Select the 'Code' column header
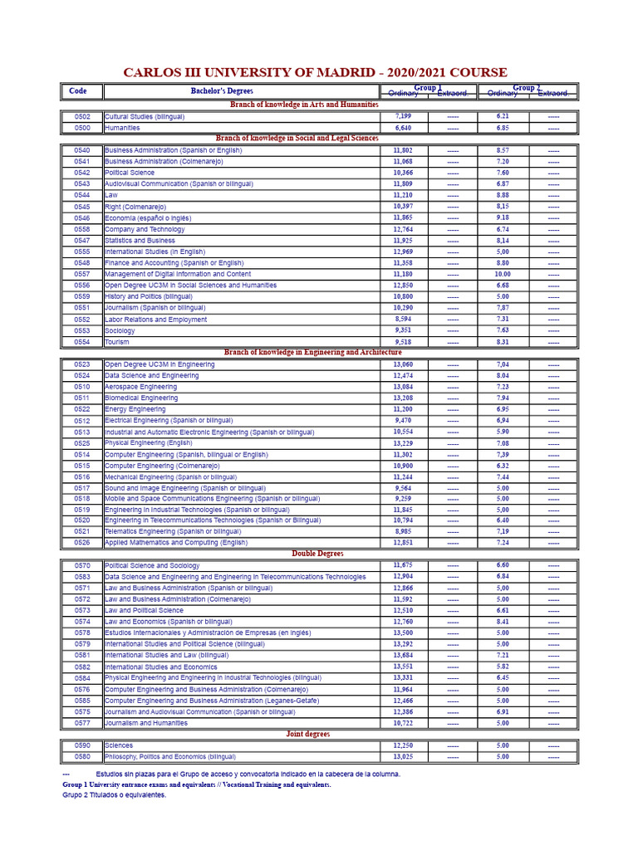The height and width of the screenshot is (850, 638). (x=78, y=91)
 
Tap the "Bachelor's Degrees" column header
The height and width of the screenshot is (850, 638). (x=222, y=91)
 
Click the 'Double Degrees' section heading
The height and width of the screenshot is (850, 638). (x=317, y=554)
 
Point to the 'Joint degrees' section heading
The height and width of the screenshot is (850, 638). (x=307, y=735)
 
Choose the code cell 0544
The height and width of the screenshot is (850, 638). (x=81, y=195)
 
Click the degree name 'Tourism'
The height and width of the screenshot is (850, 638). (x=117, y=342)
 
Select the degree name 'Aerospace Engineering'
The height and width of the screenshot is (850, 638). (x=140, y=387)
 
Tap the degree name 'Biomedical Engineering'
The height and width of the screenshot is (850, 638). (x=141, y=398)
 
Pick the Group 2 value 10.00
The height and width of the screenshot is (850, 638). (x=503, y=274)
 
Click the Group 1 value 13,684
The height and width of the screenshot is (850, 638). (x=403, y=655)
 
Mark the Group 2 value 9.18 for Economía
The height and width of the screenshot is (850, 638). (x=503, y=217)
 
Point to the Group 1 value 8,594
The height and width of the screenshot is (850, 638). (x=403, y=319)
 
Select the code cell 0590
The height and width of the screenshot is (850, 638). (x=81, y=745)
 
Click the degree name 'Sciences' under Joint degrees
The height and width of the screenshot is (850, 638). (x=119, y=745)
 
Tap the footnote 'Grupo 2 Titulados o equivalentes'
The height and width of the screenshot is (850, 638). (x=114, y=795)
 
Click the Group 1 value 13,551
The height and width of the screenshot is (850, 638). (x=403, y=667)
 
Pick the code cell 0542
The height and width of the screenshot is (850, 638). (x=81, y=173)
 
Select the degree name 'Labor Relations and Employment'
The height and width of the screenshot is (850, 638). (x=156, y=320)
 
